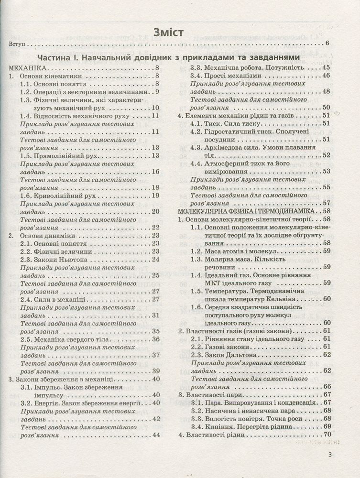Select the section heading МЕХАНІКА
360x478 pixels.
tap(29, 68)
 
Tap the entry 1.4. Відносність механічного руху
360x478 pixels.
tap(75, 115)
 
